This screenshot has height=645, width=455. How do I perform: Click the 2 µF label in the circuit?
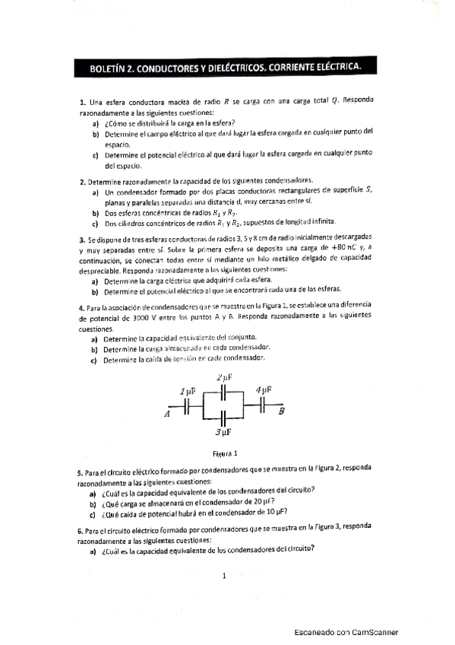(x=223, y=378)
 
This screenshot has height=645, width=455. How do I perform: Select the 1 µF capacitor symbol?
(x=188, y=407)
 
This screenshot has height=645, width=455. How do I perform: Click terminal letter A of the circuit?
(x=166, y=415)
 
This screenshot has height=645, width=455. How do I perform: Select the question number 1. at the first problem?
(x=82, y=102)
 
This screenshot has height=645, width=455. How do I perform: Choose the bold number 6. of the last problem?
(x=81, y=527)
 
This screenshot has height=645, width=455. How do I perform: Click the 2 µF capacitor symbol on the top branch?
(x=223, y=392)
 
